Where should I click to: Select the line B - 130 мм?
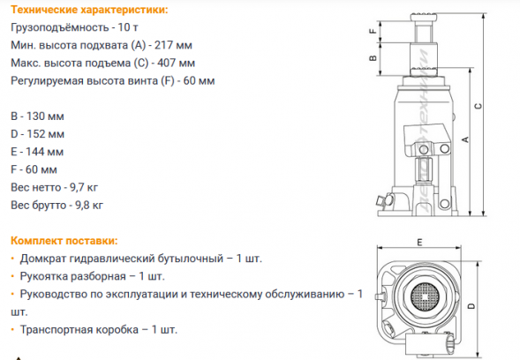pyautogui.click(x=38, y=116)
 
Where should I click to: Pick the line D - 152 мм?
pyautogui.click(x=38, y=134)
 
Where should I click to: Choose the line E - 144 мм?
pyautogui.click(x=38, y=152)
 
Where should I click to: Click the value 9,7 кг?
pyautogui.click(x=86, y=187)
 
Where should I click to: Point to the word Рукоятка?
pyautogui.click(x=42, y=276)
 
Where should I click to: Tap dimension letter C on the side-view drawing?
pyautogui.click(x=477, y=107)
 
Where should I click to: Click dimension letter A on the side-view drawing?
pyautogui.click(x=464, y=139)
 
